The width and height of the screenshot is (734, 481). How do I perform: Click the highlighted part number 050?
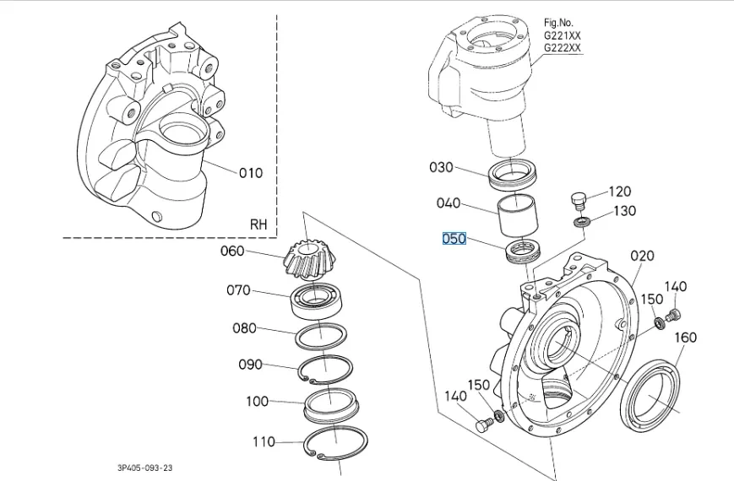tap(454, 239)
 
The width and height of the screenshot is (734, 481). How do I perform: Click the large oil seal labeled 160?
tap(651, 388)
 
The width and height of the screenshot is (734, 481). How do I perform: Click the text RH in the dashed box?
tap(258, 224)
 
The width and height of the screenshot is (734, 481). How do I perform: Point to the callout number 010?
tap(250, 173)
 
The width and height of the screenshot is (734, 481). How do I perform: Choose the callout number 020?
tap(643, 256)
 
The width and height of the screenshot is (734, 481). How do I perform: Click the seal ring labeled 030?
tap(515, 173)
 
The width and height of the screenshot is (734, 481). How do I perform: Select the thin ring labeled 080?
tap(321, 336)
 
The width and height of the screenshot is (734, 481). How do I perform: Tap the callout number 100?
tap(258, 402)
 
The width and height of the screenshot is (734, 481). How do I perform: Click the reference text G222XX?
tap(562, 49)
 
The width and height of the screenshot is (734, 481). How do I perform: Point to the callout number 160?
tap(685, 338)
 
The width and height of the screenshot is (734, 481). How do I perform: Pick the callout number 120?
tap(620, 192)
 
